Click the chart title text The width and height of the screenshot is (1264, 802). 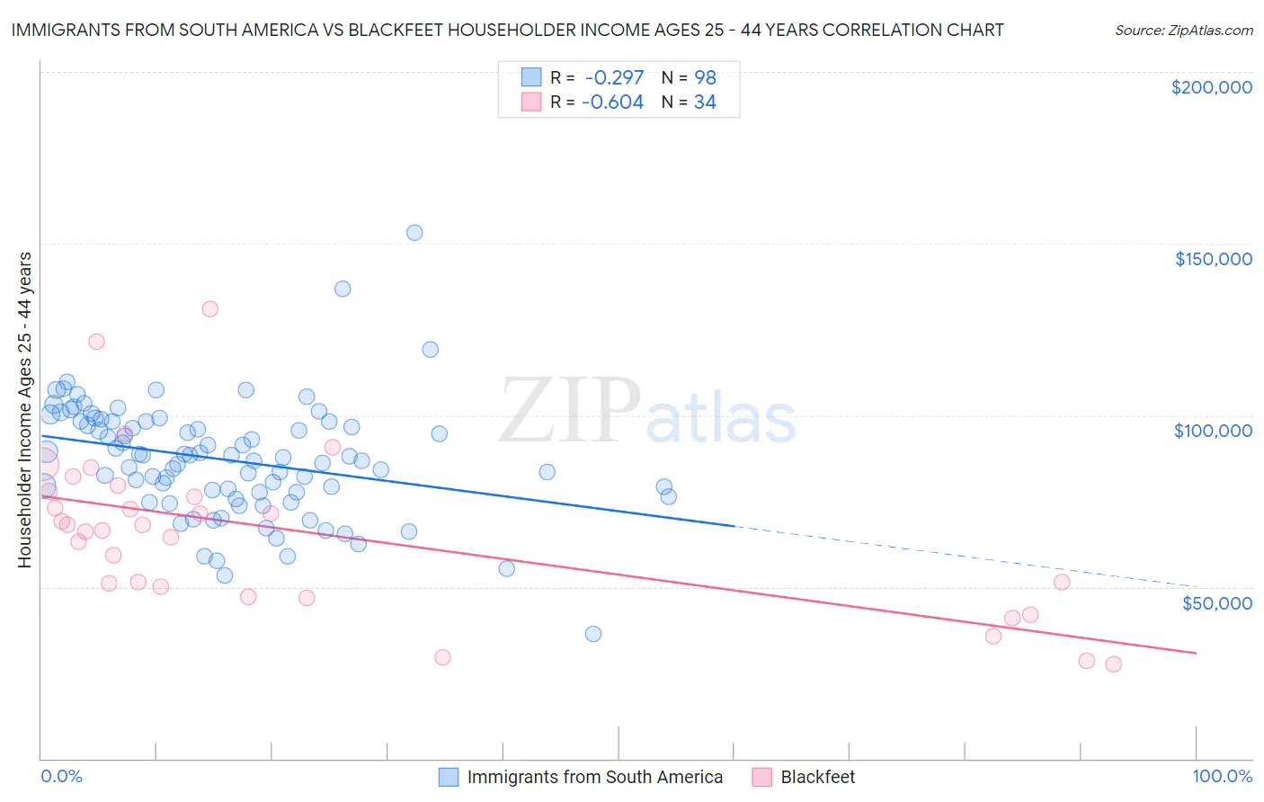click(507, 30)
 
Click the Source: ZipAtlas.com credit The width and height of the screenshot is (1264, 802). click(1183, 30)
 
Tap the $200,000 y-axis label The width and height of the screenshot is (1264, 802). click(1211, 87)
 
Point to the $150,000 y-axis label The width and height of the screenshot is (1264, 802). click(1213, 259)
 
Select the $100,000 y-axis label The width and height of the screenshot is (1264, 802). click(1213, 431)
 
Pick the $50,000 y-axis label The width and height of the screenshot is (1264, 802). click(1216, 602)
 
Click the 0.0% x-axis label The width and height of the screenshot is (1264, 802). click(61, 776)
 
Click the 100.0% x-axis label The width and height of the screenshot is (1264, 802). click(1222, 776)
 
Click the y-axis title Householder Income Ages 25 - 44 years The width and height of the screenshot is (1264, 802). click(25, 410)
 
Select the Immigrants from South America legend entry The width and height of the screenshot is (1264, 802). click(594, 777)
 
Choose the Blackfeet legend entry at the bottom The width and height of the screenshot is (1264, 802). click(817, 777)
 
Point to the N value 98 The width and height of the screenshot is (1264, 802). click(705, 77)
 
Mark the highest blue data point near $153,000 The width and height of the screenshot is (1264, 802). click(414, 233)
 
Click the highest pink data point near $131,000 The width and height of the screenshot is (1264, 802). click(209, 309)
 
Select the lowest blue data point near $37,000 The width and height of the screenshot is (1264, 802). click(593, 634)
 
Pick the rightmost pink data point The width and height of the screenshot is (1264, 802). click(1113, 664)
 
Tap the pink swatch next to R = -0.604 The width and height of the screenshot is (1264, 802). click(531, 102)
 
